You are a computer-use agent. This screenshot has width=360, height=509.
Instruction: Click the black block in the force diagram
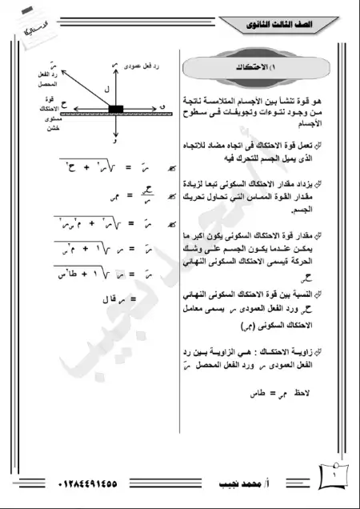[115, 108]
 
